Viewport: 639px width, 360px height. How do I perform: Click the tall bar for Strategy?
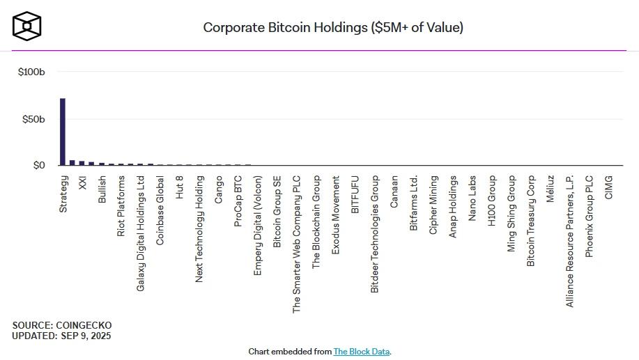(63, 132)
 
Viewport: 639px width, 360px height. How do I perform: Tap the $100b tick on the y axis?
(32, 72)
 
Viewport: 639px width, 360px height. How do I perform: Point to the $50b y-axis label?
(33, 119)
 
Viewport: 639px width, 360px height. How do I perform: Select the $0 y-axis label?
(38, 165)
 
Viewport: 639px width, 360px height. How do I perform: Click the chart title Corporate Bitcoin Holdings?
(333, 28)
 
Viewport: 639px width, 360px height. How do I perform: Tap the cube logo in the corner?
(27, 25)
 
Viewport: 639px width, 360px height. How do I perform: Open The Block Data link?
(361, 352)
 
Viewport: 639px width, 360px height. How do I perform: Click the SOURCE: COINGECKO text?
(62, 325)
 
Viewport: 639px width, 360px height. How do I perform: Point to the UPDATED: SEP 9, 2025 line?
(61, 336)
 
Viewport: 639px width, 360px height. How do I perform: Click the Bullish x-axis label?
(102, 189)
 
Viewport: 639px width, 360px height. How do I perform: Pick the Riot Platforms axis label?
(121, 205)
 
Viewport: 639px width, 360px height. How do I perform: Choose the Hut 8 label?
(180, 186)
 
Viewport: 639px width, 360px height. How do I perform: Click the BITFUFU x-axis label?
(355, 194)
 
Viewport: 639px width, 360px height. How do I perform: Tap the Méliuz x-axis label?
(551, 189)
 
